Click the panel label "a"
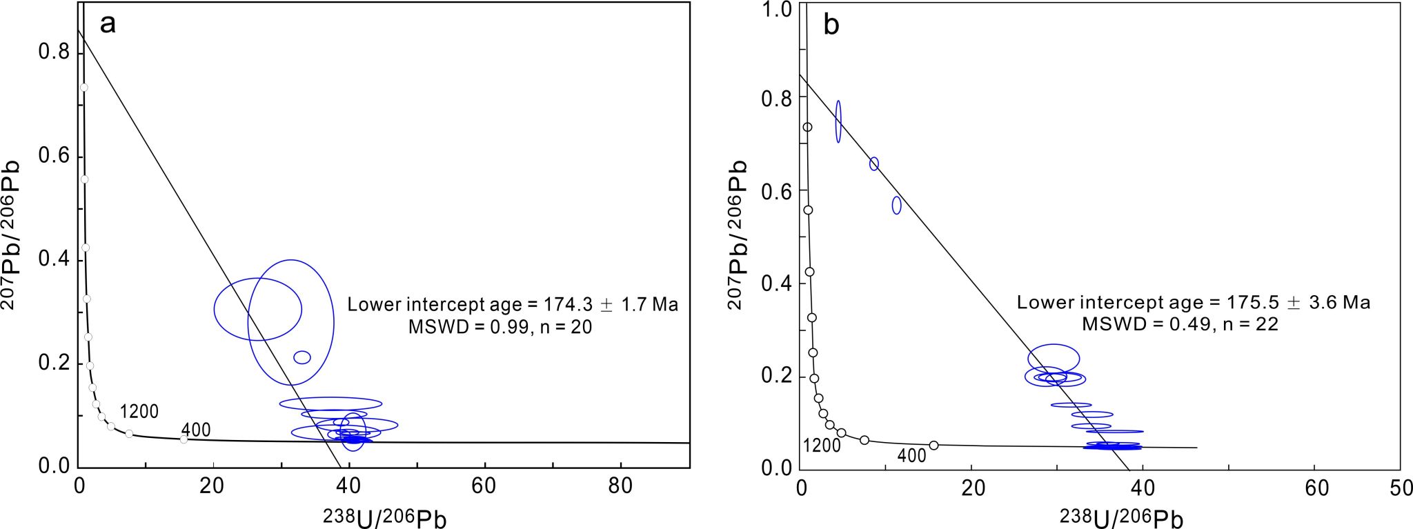108,25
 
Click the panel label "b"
832,26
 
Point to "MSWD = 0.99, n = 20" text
500,327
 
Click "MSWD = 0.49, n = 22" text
1180,324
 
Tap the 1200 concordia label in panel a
139,412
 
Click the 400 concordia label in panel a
196,430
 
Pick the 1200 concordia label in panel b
822,446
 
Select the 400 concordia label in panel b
911,456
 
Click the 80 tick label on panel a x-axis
620,486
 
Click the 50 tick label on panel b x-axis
1401,488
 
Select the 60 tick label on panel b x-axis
1316,488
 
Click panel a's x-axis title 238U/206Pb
384,517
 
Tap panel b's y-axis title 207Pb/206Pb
738,234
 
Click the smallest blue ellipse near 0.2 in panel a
302,357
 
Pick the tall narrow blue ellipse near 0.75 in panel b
838,121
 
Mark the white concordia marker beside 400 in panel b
933,446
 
